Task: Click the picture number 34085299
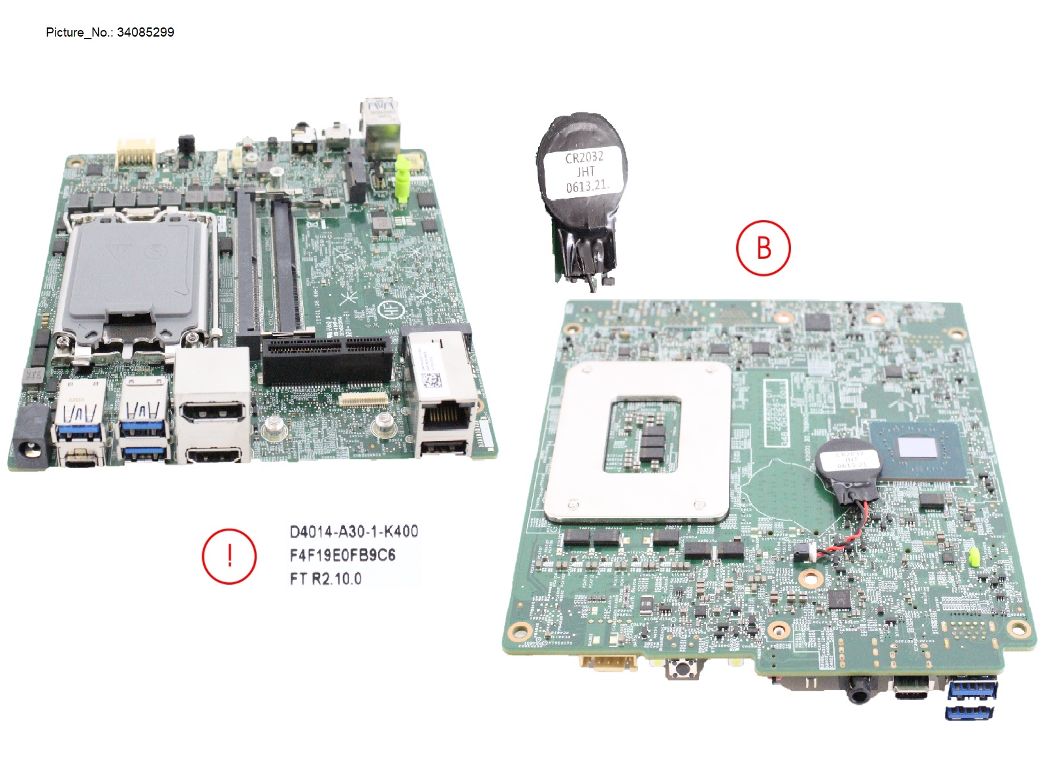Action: coord(145,33)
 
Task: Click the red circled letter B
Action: coord(763,248)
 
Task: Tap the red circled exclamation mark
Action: coord(229,556)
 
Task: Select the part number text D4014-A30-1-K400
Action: coord(353,531)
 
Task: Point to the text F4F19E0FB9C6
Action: coord(342,555)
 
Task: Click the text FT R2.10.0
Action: coord(325,578)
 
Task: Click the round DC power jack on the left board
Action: coord(30,438)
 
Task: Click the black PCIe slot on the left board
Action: coord(327,360)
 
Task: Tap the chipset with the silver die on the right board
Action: coord(918,449)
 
